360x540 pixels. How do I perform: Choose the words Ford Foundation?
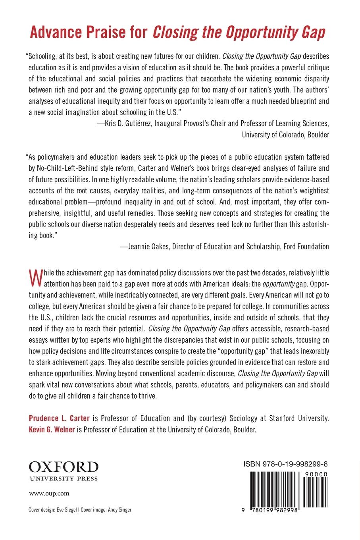(x=306, y=247)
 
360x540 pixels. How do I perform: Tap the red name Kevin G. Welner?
(x=52, y=429)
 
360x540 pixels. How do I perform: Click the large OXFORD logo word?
(x=64, y=467)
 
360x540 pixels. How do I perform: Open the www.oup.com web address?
(x=49, y=494)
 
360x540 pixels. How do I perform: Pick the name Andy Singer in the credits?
(x=120, y=510)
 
